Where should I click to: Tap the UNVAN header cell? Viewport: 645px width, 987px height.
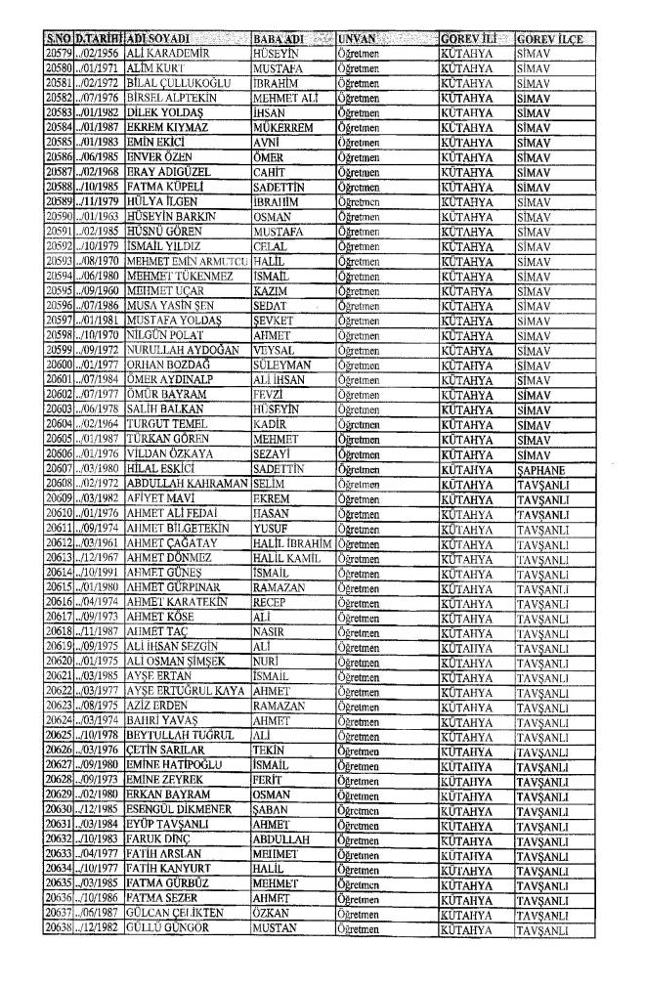coord(360,38)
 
